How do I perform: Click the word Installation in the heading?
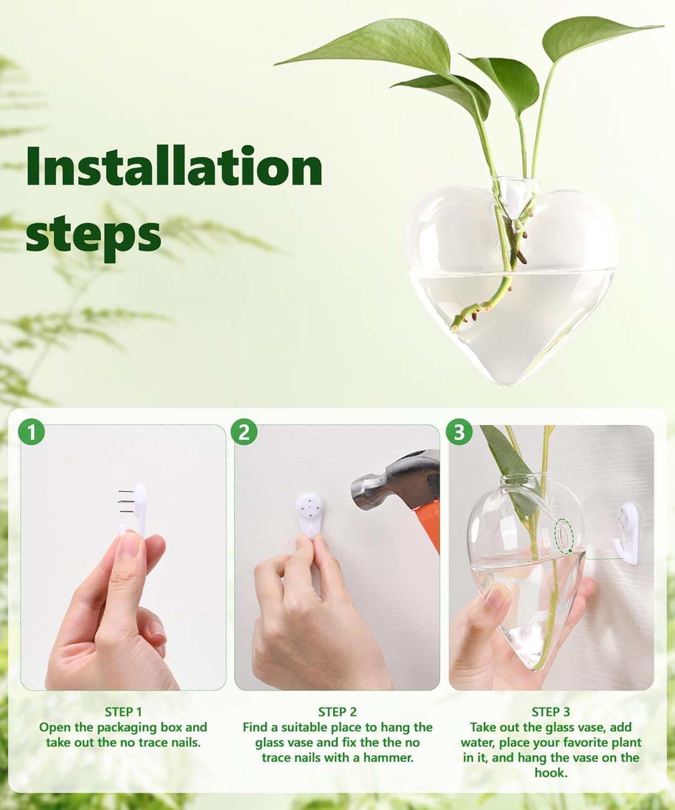(174, 166)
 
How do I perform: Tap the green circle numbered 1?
(32, 433)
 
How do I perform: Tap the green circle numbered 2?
(244, 433)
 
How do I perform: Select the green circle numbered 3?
(459, 433)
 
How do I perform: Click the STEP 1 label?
(123, 712)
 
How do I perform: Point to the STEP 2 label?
(337, 712)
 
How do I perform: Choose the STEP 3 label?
(551, 712)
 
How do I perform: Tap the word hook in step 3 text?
(549, 772)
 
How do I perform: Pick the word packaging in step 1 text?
(124, 727)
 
